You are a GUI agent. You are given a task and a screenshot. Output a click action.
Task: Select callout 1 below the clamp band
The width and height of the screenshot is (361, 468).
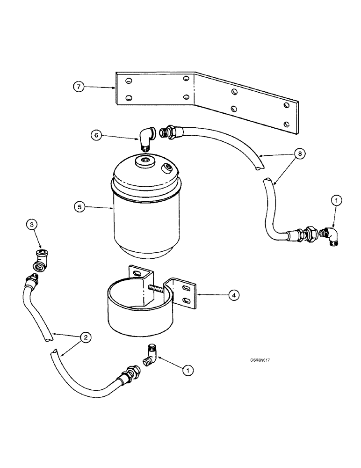tap(188, 371)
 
